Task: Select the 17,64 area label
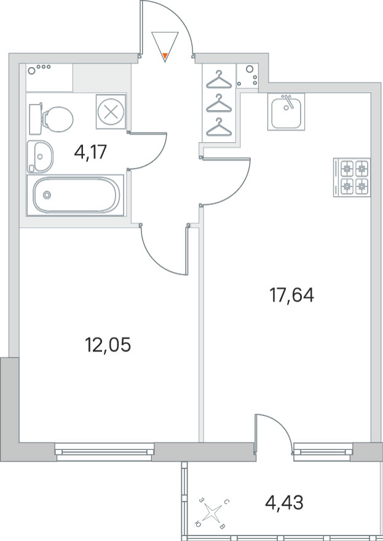[x=291, y=295]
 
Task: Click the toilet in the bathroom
[x=52, y=119]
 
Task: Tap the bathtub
[x=76, y=195]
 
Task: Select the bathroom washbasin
[x=40, y=156]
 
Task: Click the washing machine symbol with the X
[x=111, y=112]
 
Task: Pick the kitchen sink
[x=286, y=112]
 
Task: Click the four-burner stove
[x=352, y=177]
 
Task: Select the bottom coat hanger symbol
[x=219, y=127]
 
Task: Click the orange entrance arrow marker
[x=165, y=55]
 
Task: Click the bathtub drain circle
[x=47, y=195]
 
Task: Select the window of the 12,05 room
[x=105, y=452]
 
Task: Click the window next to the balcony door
[x=323, y=452]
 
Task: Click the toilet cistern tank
[x=35, y=119]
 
